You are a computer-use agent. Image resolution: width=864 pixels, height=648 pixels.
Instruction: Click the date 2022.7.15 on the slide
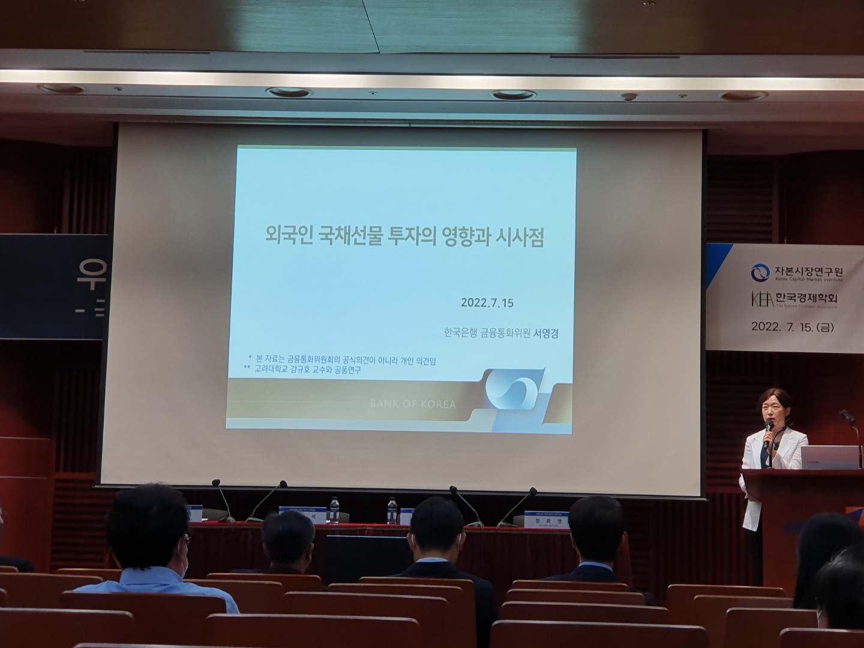click(x=487, y=303)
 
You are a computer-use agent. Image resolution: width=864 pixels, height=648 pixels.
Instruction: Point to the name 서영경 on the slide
click(x=546, y=334)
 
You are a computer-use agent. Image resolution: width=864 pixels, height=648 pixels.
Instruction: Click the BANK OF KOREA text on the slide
click(x=413, y=404)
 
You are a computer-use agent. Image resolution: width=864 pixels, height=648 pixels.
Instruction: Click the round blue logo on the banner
click(x=760, y=272)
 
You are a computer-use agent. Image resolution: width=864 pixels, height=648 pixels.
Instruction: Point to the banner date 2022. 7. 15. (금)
click(x=792, y=327)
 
